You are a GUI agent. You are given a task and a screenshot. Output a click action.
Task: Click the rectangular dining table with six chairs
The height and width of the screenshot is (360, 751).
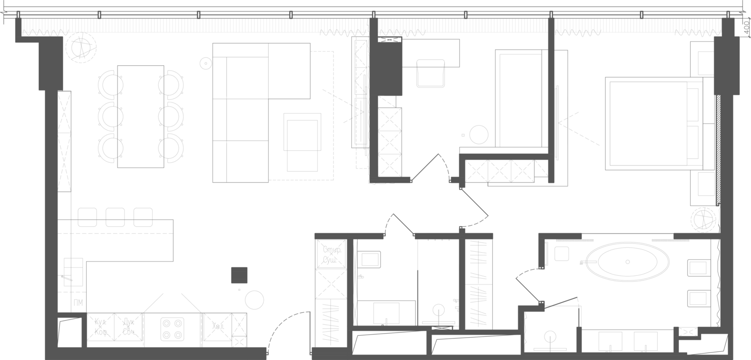pos(139,116)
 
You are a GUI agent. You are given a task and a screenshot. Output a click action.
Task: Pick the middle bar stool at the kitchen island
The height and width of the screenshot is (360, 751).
pos(115,216)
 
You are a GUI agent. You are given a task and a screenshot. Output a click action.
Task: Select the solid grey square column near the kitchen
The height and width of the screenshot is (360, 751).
pos(239,275)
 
